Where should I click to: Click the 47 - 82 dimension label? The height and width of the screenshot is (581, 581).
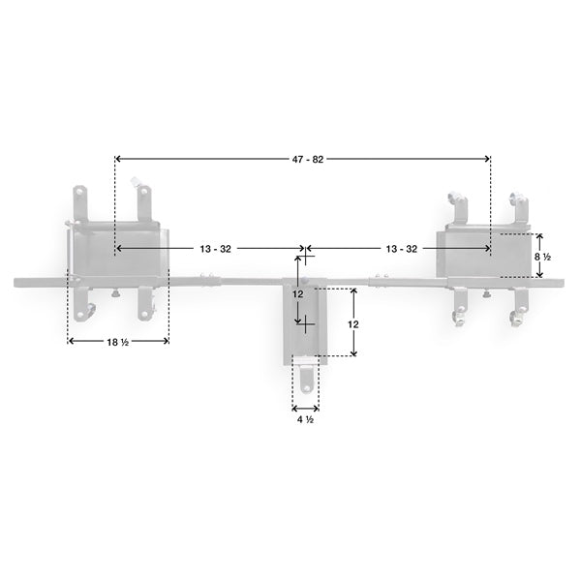(304, 159)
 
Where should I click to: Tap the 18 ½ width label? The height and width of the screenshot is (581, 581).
(118, 341)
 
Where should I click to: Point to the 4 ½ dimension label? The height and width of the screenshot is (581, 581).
(304, 419)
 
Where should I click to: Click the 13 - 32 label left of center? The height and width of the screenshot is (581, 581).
(216, 249)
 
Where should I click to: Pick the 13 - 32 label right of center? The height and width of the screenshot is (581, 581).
(401, 249)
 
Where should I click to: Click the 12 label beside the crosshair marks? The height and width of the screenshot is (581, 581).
(298, 293)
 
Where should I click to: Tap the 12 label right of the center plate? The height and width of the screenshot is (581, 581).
(353, 323)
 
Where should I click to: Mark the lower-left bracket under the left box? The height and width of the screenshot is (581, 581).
(77, 303)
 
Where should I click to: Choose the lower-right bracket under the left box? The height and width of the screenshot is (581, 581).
(145, 302)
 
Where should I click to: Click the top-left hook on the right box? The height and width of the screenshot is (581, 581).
(457, 205)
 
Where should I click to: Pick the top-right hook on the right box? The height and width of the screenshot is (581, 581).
(517, 203)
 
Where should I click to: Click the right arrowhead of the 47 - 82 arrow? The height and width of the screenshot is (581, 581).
(486, 159)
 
